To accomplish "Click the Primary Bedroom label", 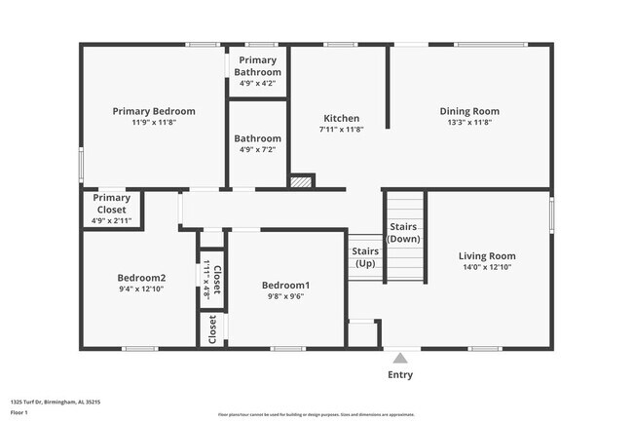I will tap(153, 111).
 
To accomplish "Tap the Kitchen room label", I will tap(340, 118).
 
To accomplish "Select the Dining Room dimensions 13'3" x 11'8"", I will tap(470, 123).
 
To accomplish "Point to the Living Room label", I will tap(487, 256).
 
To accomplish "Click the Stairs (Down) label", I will tap(404, 233).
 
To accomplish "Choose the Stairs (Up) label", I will tap(365, 257).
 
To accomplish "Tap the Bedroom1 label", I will tap(286, 285).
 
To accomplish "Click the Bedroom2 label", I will tap(141, 277).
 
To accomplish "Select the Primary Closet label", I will tap(111, 203).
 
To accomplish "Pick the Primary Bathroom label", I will tap(257, 66).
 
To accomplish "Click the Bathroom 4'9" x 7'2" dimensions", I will tap(257, 150).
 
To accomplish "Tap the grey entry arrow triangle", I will tap(399, 359).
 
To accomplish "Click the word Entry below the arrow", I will tap(400, 375).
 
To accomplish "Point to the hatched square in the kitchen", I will tap(303, 181).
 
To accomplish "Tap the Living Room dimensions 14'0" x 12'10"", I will tap(487, 267).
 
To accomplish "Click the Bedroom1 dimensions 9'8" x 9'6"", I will tap(286, 296).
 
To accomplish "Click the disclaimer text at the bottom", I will tap(316, 414).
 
